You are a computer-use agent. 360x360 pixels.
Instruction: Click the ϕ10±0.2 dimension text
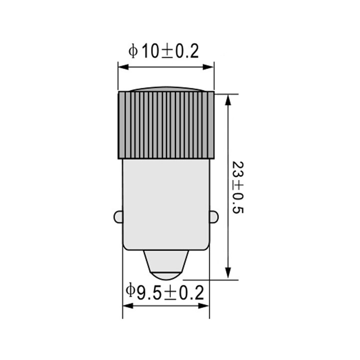[x=164, y=51]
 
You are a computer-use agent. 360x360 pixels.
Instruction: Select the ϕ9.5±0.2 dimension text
[x=165, y=292]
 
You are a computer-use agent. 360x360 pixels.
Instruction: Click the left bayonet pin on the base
[x=118, y=217]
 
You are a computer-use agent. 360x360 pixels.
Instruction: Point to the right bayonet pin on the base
[x=213, y=217]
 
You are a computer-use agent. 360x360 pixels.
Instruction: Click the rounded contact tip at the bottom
[x=165, y=267]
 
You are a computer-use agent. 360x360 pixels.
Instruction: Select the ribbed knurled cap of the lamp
[x=165, y=125]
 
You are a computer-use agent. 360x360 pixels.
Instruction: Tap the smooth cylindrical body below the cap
[x=165, y=200]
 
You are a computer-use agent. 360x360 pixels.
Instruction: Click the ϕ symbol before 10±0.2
[x=133, y=51]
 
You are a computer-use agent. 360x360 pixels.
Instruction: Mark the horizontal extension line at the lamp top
[x=226, y=93]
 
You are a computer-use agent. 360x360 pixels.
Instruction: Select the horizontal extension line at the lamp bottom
[x=210, y=280]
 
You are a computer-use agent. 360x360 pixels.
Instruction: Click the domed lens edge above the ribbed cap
[x=165, y=90]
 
